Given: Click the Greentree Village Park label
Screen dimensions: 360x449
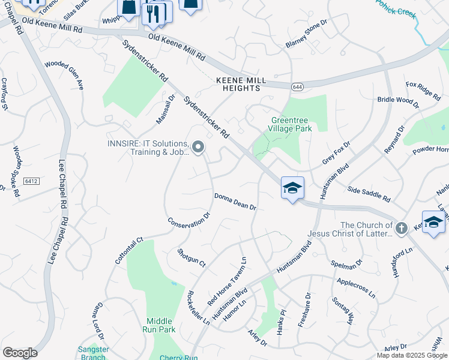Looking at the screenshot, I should click(291, 124).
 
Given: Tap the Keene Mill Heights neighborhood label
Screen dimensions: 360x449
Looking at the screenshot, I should click(238, 84).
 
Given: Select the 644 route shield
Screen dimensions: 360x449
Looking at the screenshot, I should click(297, 88).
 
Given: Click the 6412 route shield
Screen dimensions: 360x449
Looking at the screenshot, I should click(32, 180).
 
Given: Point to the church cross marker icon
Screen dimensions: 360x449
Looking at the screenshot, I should click(402, 227).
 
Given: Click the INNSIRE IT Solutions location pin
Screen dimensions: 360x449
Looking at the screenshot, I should click(197, 148).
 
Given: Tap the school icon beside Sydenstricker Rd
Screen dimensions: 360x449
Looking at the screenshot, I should click(292, 188).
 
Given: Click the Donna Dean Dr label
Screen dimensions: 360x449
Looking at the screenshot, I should click(235, 202).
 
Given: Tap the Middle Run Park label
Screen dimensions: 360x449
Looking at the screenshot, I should click(160, 325).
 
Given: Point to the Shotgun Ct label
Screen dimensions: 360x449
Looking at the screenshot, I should click(191, 258).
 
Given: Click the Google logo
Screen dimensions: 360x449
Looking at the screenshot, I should click(20, 353).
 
